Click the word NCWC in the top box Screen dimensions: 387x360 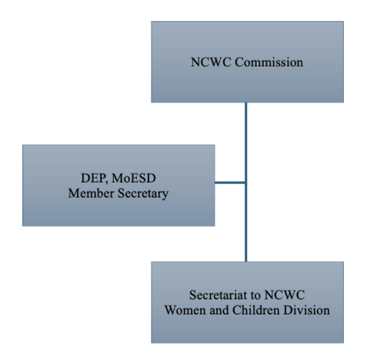pyautogui.click(x=212, y=62)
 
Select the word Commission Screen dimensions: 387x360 pyautogui.click(x=269, y=62)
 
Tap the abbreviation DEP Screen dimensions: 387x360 pyautogui.click(x=94, y=178)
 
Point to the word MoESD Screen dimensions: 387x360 pyautogui.click(x=134, y=178)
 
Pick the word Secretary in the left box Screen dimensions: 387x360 pyautogui.click(x=143, y=194)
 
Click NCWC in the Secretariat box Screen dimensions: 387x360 pyautogui.click(x=285, y=295)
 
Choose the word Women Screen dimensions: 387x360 pyautogui.click(x=185, y=310)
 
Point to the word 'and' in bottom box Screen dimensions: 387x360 pyautogui.click(x=219, y=310)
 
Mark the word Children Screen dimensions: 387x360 pyautogui.click(x=256, y=310)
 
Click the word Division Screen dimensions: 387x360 pyautogui.click(x=306, y=310)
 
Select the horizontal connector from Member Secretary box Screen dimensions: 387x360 pyautogui.click(x=230, y=183)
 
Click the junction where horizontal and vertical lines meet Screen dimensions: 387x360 pyautogui.click(x=246, y=183)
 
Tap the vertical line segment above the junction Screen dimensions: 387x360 pyautogui.click(x=246, y=142)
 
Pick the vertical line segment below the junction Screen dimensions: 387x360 pyautogui.click(x=246, y=223)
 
